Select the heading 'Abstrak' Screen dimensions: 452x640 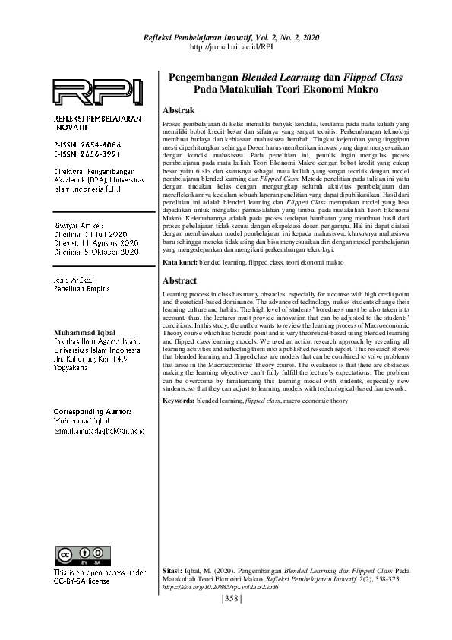[179, 111]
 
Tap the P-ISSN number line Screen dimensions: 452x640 [87, 144]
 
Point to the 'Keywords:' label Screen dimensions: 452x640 [179, 400]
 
